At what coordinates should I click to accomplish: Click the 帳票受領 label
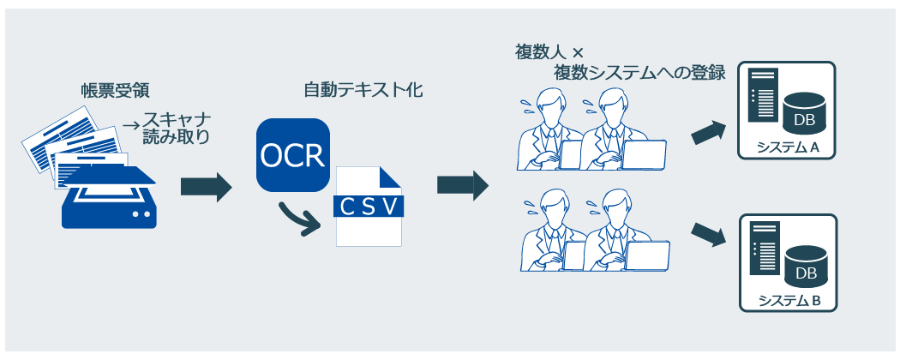[116, 91]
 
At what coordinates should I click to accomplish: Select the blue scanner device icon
[109, 197]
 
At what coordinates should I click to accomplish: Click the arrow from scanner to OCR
[206, 187]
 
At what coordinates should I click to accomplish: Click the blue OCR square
[293, 155]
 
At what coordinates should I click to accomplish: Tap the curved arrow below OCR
[300, 220]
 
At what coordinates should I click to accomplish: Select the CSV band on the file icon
[369, 207]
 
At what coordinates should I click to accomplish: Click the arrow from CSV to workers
[463, 185]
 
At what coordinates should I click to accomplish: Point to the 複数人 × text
[549, 53]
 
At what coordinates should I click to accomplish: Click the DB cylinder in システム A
[804, 111]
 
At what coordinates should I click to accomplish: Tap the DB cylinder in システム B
[806, 265]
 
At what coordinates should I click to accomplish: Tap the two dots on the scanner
[141, 215]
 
